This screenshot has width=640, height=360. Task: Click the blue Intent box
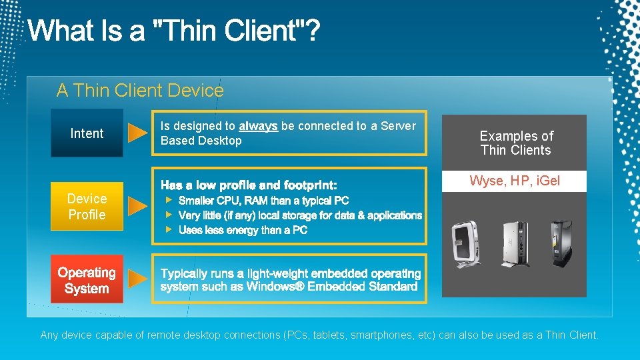(x=87, y=133)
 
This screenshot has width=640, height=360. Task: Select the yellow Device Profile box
(x=87, y=207)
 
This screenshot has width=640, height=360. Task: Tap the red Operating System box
(x=87, y=280)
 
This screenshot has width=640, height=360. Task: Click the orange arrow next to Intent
(x=137, y=133)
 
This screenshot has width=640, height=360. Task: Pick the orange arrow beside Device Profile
(x=137, y=207)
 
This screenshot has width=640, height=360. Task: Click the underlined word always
(x=258, y=126)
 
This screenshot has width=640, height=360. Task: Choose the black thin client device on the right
(x=561, y=243)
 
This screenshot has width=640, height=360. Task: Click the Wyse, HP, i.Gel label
(x=515, y=181)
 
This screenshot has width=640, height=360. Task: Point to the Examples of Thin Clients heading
(x=516, y=143)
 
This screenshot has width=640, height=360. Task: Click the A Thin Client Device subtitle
(x=140, y=91)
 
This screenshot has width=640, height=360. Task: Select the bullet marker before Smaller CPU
(x=169, y=200)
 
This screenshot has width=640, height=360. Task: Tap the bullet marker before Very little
(x=169, y=215)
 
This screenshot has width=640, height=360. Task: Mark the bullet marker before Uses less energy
(x=169, y=229)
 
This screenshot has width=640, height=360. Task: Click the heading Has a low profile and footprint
(x=249, y=185)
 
